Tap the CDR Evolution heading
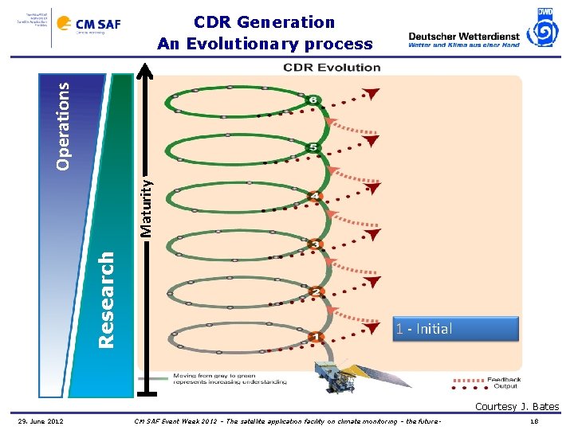(332, 67)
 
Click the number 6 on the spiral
(314, 100)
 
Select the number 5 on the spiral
(313, 148)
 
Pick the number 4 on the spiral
(316, 196)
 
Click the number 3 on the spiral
(316, 244)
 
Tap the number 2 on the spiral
(316, 292)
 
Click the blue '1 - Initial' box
(454, 328)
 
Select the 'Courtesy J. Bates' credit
(517, 407)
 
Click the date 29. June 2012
(41, 420)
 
